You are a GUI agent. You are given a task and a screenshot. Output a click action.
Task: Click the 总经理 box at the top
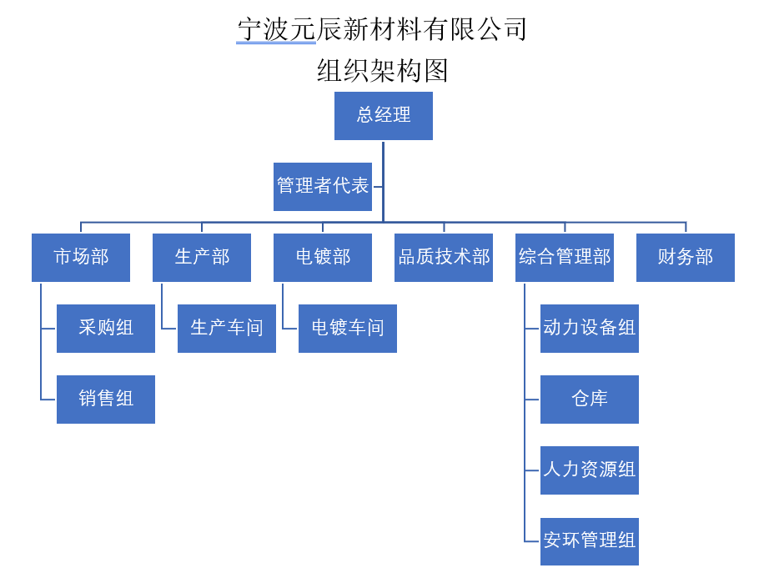[x=384, y=115]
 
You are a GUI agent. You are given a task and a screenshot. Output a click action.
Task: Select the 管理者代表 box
[x=323, y=186]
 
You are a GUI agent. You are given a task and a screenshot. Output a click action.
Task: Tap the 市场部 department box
[x=81, y=257]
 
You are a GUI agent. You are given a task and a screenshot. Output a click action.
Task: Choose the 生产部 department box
[x=202, y=257]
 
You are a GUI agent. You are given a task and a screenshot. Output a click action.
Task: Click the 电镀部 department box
[x=323, y=257]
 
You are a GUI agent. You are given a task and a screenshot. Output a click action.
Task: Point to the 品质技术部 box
[x=444, y=257]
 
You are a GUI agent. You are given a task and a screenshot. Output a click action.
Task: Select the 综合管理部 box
[x=565, y=257]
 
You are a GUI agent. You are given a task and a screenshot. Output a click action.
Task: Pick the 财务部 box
[x=686, y=257]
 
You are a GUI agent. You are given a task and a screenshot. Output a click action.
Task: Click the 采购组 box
[x=106, y=328]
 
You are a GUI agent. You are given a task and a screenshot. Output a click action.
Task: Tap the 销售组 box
[x=106, y=399]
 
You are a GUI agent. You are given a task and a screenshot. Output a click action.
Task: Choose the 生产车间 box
[x=227, y=328]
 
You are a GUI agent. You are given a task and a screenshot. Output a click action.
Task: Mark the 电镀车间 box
[x=348, y=328]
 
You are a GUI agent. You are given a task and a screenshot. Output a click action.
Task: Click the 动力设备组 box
[x=590, y=328]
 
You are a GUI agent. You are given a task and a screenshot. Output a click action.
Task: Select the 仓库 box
[x=590, y=399]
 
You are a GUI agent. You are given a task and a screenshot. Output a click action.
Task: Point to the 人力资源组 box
[x=590, y=470]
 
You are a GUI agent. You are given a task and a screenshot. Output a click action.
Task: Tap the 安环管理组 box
[x=590, y=540]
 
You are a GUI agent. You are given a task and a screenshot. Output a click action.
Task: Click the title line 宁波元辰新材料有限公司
[x=382, y=29]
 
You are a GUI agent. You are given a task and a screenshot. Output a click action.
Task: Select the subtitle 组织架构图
[x=382, y=70]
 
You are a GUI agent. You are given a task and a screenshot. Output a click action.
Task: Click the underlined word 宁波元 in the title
[x=276, y=29]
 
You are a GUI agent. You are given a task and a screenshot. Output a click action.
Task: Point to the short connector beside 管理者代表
[x=378, y=187]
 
